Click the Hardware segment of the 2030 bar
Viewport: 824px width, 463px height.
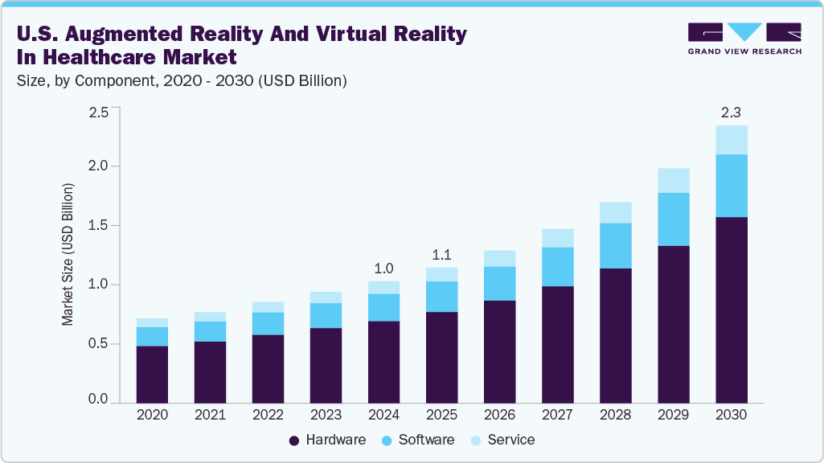[732, 309]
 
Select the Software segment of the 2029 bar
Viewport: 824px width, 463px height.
[674, 219]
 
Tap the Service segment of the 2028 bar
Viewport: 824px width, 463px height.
[615, 212]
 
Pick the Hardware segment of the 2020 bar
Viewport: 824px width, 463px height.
[152, 374]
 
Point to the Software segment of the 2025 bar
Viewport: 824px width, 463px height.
[441, 296]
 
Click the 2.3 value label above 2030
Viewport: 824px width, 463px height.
[732, 110]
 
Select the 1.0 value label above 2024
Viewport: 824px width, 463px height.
[383, 267]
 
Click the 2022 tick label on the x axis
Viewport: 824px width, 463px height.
[268, 415]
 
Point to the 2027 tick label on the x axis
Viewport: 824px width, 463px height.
[557, 415]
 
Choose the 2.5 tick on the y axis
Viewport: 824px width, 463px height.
[98, 112]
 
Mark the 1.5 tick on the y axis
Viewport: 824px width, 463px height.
[98, 226]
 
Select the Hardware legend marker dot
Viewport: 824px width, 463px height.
[294, 440]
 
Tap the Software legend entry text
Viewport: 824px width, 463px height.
[426, 440]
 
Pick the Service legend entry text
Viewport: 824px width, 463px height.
[510, 440]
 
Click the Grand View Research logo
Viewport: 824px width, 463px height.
[744, 39]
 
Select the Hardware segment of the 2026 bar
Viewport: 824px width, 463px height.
[499, 351]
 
